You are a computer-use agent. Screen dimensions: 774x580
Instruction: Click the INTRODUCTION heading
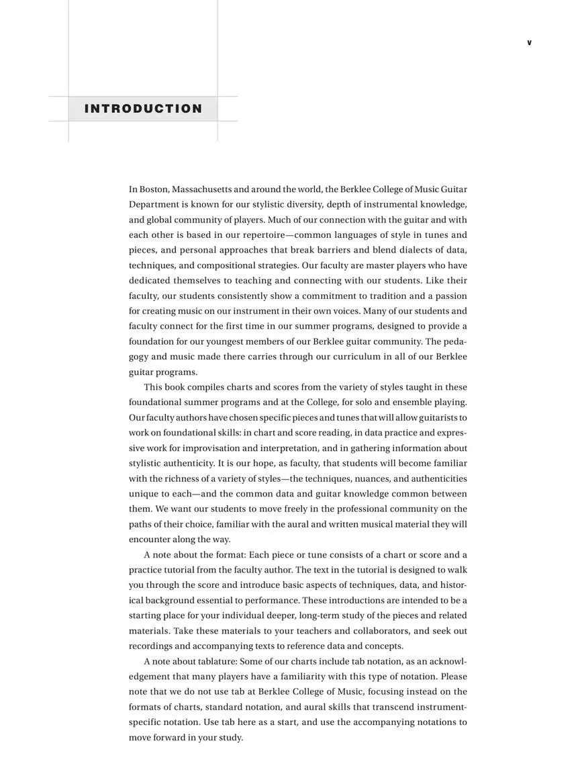coord(143,109)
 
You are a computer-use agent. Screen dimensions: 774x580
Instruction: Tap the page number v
coord(529,43)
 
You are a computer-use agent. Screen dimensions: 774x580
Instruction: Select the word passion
coord(451,296)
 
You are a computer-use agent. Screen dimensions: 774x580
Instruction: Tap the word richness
coord(181,478)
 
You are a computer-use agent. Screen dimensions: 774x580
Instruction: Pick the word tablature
coord(217,661)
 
